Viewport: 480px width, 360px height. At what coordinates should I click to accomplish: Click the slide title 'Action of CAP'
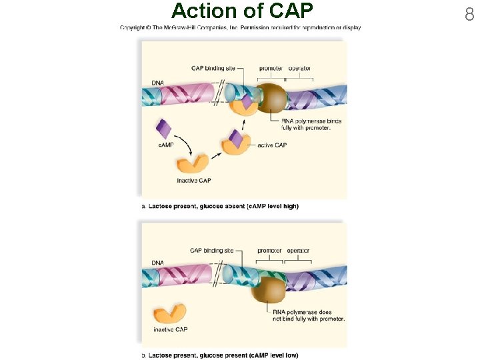(241, 11)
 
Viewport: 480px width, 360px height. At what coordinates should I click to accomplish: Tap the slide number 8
(469, 13)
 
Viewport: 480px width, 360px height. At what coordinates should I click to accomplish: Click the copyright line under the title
(240, 28)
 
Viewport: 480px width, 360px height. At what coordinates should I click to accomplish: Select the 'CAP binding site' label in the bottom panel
(211, 251)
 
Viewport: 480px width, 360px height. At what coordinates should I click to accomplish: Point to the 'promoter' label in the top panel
(271, 68)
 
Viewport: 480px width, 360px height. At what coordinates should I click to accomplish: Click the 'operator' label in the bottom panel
(298, 251)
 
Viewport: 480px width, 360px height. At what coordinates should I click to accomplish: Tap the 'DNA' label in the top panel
(157, 83)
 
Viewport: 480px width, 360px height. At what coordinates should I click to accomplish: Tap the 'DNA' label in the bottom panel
(157, 263)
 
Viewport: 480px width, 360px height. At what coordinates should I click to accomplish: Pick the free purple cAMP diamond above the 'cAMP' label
(163, 129)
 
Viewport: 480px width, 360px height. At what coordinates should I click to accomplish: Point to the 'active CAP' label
(272, 145)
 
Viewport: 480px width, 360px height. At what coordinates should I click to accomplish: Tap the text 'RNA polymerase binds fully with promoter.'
(311, 124)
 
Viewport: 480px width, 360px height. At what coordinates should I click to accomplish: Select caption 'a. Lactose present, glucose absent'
(220, 207)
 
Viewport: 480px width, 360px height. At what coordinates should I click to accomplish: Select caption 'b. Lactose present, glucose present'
(220, 355)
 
